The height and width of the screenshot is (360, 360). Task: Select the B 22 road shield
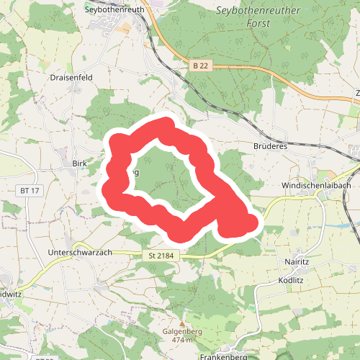[x=200, y=66]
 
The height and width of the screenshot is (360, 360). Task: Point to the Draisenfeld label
[x=71, y=76]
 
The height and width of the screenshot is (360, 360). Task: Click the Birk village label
[x=79, y=163]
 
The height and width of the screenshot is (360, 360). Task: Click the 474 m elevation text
[x=183, y=339]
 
